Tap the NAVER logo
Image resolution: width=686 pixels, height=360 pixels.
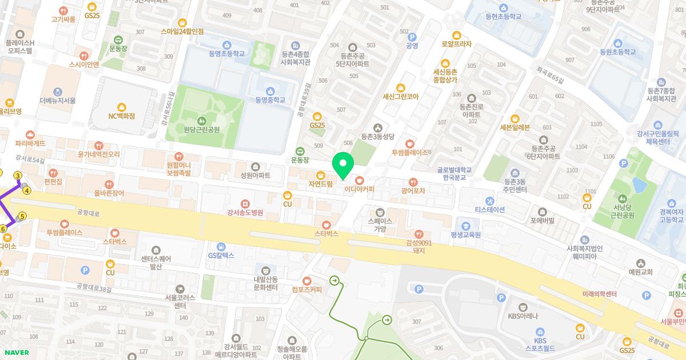[16, 353]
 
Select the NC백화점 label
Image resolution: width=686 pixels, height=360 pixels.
[121, 115]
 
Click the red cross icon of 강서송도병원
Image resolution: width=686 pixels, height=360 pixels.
[245, 203]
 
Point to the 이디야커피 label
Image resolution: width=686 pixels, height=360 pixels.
[359, 189]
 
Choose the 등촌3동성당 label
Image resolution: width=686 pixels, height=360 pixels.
[377, 137]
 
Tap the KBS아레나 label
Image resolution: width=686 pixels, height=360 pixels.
[523, 315]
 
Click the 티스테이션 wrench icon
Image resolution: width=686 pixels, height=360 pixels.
[489, 201]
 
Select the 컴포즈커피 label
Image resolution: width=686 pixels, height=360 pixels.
[306, 289]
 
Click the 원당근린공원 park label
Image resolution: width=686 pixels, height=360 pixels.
[201, 130]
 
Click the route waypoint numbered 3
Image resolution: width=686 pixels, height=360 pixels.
[18, 175]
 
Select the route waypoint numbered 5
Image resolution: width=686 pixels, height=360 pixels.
[22, 216]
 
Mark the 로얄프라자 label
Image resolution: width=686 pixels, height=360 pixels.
[456, 43]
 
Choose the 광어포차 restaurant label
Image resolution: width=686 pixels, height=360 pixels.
[413, 191]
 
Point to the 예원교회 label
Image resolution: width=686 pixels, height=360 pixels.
[640, 271]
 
